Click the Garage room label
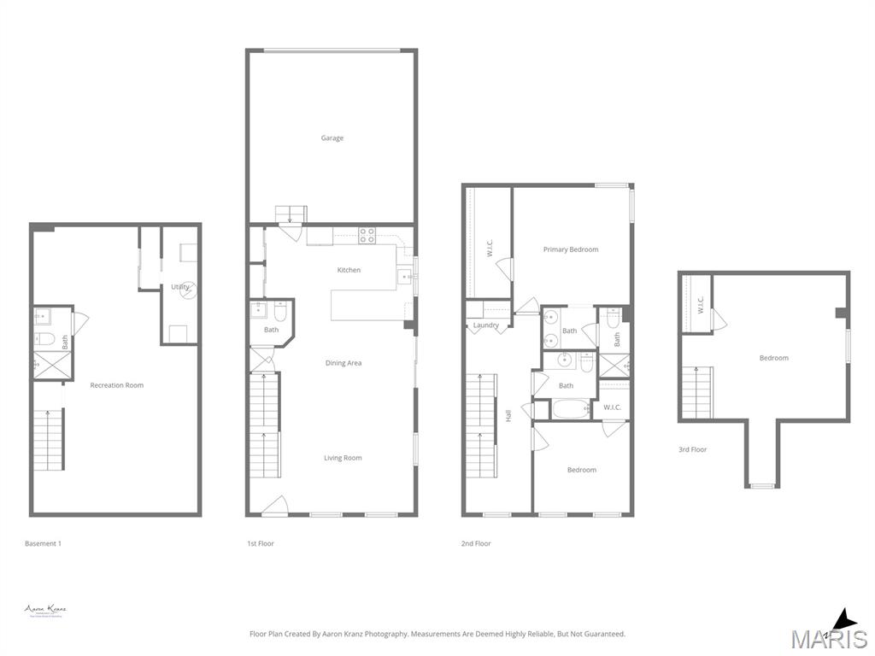tap(332, 138)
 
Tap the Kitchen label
tap(349, 270)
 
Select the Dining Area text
tap(344, 363)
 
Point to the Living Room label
tap(343, 458)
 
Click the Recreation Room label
tap(117, 385)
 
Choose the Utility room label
tap(179, 287)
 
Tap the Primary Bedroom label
tap(571, 249)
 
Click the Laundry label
tap(486, 325)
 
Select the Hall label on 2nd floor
tap(508, 416)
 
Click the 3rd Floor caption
tap(694, 449)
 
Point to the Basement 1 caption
tap(44, 543)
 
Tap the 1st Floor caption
tap(261, 543)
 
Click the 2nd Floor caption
tap(477, 543)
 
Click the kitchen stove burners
tap(367, 235)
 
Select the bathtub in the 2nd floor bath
tap(571, 409)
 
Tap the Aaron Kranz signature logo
tap(45, 610)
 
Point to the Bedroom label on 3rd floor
tap(774, 358)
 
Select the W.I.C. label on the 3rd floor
tap(701, 305)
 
